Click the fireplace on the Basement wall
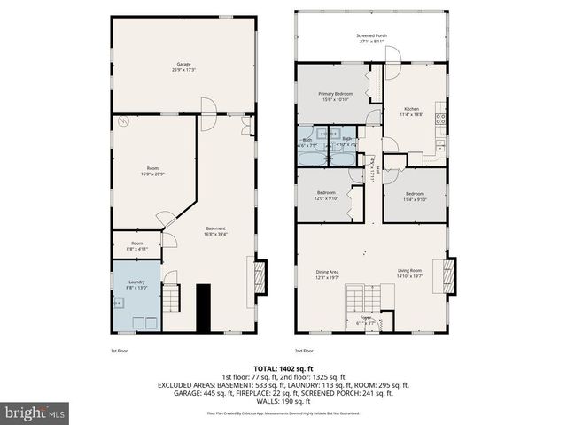click(259, 274)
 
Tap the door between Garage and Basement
click(207, 108)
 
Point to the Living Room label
click(408, 274)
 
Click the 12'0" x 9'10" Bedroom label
click(327, 196)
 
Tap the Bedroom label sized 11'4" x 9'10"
click(416, 196)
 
